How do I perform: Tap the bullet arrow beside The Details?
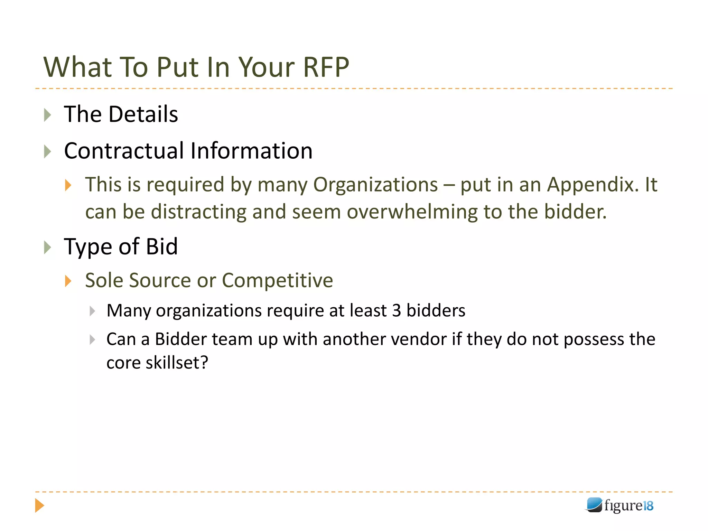[48, 115]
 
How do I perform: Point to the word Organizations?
[375, 185]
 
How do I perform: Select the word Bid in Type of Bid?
[161, 247]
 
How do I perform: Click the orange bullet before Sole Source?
[68, 281]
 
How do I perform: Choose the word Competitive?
[277, 280]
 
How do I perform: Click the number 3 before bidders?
[397, 310]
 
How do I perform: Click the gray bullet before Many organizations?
[92, 311]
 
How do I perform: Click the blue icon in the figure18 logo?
[594, 505]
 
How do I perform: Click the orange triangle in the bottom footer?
[39, 506]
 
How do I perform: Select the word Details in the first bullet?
[143, 114]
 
